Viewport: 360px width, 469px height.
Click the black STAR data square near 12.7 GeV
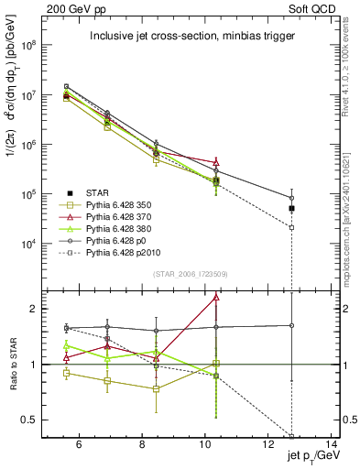pos(292,209)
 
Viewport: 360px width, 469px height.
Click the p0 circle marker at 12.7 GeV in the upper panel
pos(292,198)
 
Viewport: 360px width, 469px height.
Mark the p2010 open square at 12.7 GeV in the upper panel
pos(292,227)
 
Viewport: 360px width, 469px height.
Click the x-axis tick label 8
pos(140,446)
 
